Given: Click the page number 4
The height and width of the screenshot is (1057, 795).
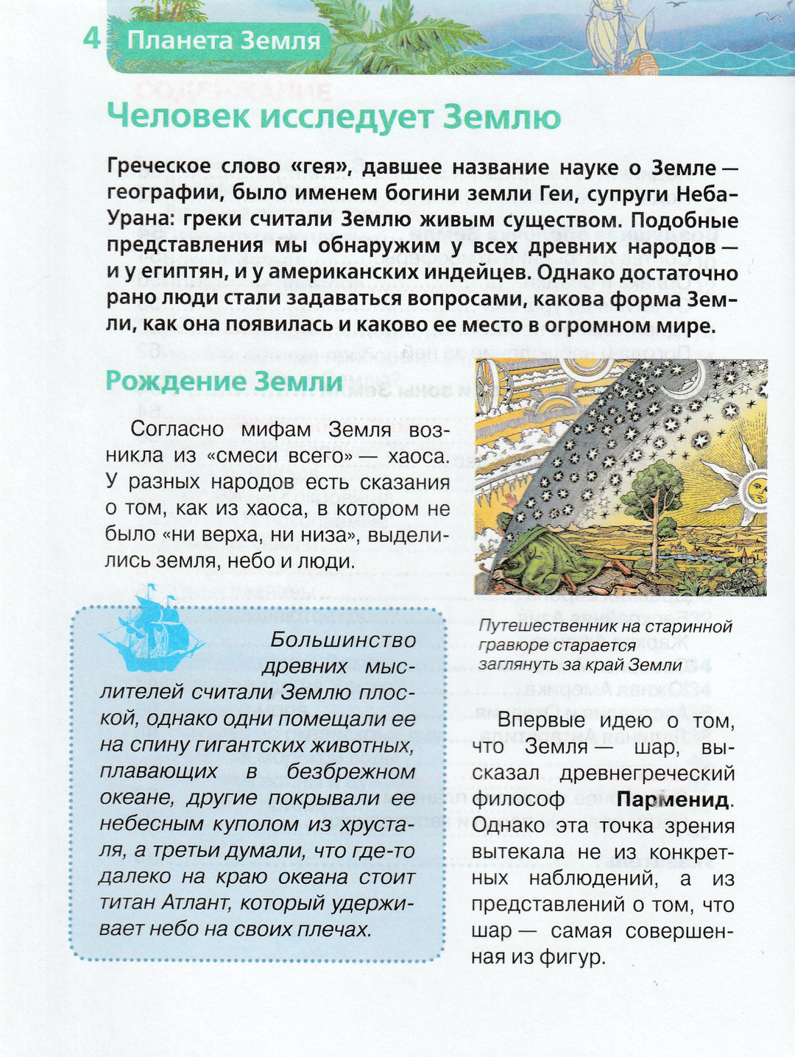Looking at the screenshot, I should pos(91,38).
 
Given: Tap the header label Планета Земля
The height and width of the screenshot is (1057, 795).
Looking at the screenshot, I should pos(224,40).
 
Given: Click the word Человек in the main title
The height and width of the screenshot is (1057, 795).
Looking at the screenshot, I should pos(174,116).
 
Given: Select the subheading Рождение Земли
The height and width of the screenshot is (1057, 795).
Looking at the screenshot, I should pos(224,381).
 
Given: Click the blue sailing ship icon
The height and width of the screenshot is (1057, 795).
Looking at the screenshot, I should pos(150,630).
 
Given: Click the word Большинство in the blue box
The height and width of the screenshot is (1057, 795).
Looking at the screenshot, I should pos(342,640).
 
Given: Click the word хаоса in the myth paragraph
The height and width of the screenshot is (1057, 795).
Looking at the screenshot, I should pos(417,456).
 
